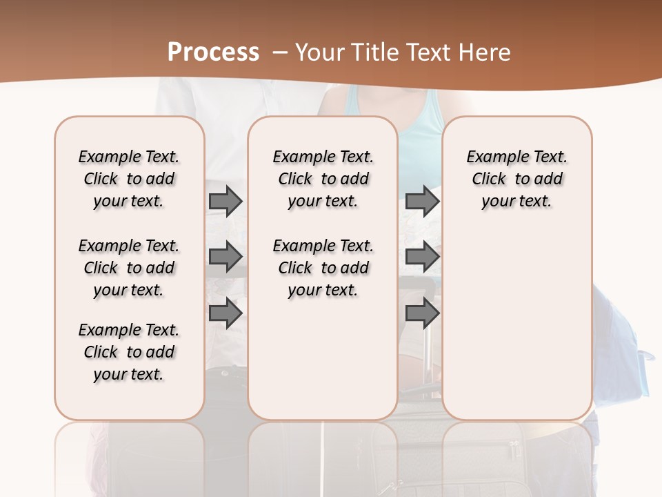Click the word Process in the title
pos(213,52)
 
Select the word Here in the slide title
pos(485,52)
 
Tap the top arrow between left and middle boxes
pos(225,201)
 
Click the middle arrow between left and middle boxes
pos(225,257)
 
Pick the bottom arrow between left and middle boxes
pos(225,313)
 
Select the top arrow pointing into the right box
pos(422,201)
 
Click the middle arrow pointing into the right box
pos(422,257)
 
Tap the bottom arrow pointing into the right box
pos(422,313)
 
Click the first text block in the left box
pos(129,179)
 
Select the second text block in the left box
pos(129,268)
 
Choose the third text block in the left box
pos(129,352)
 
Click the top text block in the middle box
pos(323,179)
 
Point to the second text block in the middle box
pos(323,268)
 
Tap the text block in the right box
pos(516,179)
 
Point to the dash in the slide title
pos(280,52)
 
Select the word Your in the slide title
pos(319,52)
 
